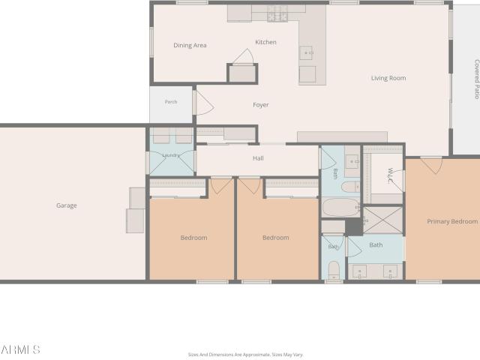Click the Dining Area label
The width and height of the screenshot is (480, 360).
point(190,45)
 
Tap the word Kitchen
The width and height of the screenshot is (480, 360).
point(265,42)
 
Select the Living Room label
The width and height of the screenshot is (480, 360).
point(388,78)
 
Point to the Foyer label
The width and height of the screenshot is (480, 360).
point(261,105)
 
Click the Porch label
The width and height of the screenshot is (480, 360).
point(171,102)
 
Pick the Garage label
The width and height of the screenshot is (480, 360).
point(67,205)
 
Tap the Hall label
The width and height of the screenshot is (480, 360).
point(258,158)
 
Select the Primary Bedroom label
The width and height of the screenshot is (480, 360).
point(452,221)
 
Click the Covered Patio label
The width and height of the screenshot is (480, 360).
point(477,79)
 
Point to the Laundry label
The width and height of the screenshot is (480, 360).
point(171,155)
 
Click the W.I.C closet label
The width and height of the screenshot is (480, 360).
point(390,175)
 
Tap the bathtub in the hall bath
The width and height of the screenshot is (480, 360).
point(340,208)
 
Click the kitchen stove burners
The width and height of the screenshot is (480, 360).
point(277,14)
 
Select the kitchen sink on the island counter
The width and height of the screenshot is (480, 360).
point(307,52)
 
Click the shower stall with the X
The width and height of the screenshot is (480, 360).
point(382,220)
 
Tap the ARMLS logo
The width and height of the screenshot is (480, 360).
point(20,349)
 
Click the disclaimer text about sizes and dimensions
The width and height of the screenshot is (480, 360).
point(245,355)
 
